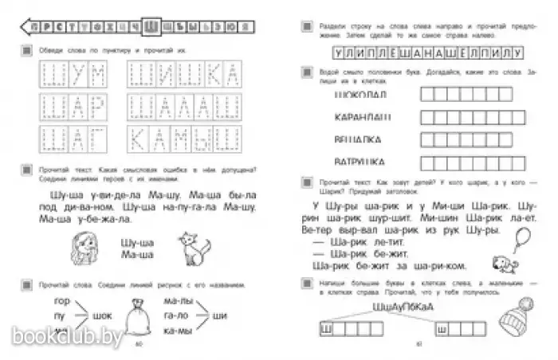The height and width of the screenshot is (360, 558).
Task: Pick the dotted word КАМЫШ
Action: [184, 140]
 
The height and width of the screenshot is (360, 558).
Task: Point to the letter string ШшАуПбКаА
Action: [400, 307]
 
